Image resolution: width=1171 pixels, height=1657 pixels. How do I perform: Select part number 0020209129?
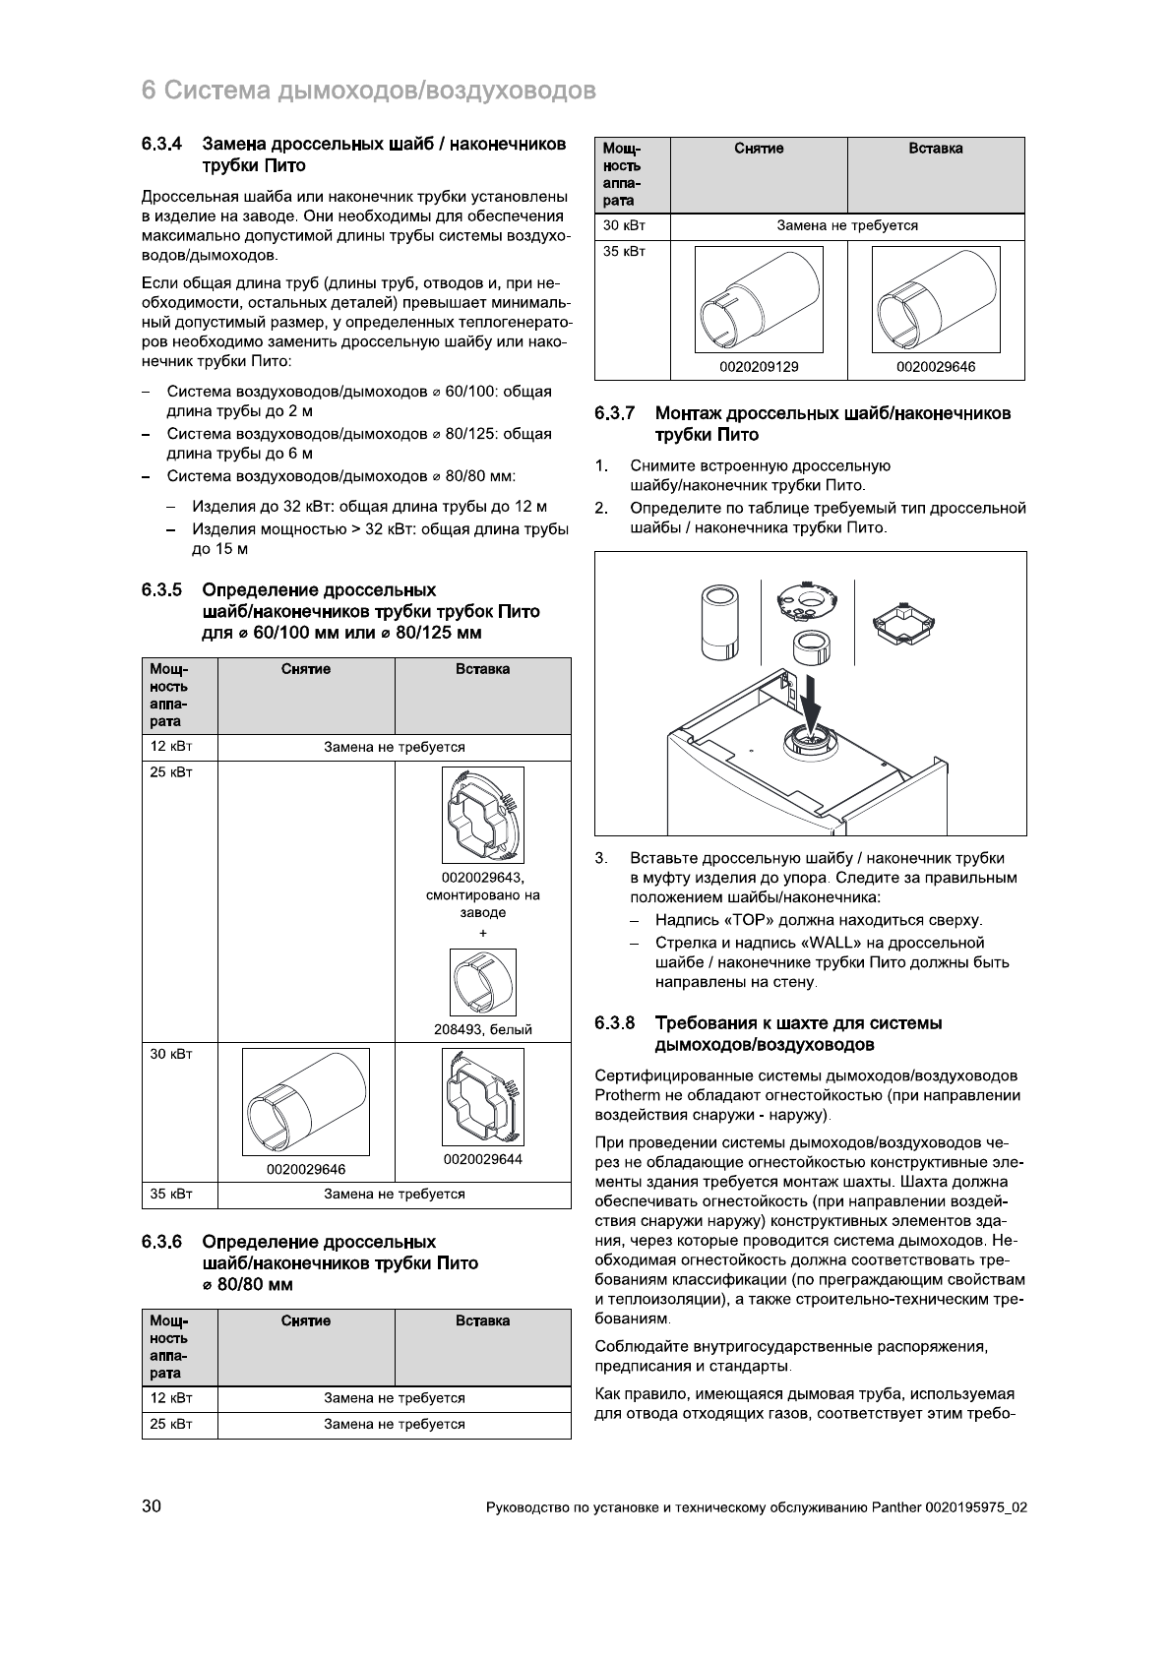tap(759, 367)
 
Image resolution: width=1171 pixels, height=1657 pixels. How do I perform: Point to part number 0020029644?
tap(482, 1159)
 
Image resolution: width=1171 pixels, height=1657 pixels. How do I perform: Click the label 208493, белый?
tap(482, 1029)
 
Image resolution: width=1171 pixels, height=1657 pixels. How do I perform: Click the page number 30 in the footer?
tap(153, 1506)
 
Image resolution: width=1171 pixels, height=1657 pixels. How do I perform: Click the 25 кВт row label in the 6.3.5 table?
tap(167, 772)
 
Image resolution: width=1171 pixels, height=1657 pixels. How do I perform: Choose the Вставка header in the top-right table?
tap(936, 149)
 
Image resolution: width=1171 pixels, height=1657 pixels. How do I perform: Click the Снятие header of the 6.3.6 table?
tap(306, 1320)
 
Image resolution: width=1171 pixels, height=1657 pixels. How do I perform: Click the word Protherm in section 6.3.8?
tap(629, 1095)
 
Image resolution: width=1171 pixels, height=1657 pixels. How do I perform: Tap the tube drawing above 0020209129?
tap(759, 299)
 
